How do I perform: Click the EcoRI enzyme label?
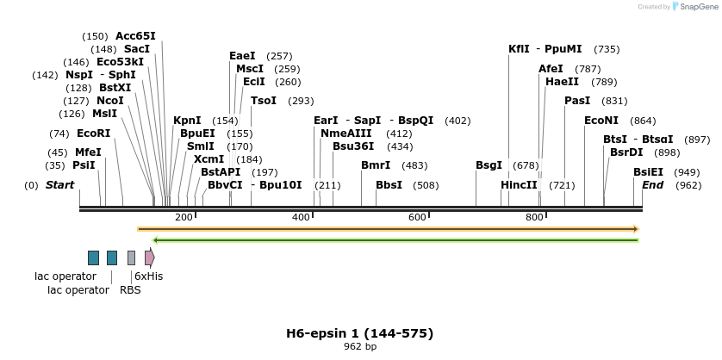tap(94, 133)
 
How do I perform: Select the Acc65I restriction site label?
tap(135, 36)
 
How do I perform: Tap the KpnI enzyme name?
tap(187, 121)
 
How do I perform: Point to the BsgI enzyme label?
tap(489, 165)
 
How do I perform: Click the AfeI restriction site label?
tap(551, 69)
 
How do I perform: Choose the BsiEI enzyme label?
tap(648, 172)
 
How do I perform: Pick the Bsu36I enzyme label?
tap(353, 146)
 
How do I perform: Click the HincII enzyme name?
tap(519, 185)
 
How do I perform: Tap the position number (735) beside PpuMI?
tap(607, 49)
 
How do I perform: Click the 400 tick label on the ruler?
tap(301, 217)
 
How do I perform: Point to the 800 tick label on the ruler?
tap(533, 217)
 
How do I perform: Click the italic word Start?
tap(59, 185)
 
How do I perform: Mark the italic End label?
tap(652, 185)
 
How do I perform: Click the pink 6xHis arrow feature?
tap(150, 258)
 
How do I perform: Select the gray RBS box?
tap(131, 258)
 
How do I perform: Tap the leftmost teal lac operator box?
tap(93, 258)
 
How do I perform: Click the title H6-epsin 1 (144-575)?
tap(359, 333)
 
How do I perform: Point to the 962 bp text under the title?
tap(359, 347)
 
